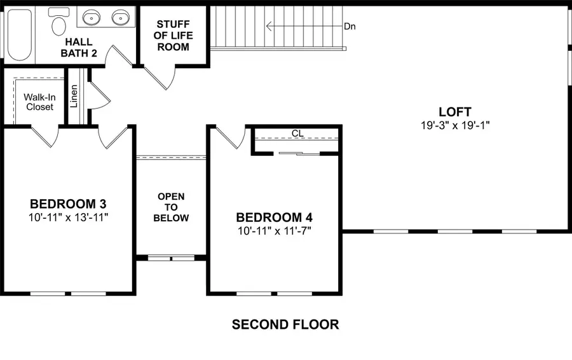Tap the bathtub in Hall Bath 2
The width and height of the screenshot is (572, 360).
pyautogui.click(x=20, y=35)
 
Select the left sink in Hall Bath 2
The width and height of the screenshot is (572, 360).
pyautogui.click(x=91, y=17)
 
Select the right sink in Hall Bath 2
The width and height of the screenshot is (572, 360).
pyautogui.click(x=121, y=17)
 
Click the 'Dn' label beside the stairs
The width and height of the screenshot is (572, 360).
pyautogui.click(x=350, y=26)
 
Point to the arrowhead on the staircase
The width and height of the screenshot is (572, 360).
pyautogui.click(x=269, y=26)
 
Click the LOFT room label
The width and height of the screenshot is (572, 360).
pyautogui.click(x=455, y=112)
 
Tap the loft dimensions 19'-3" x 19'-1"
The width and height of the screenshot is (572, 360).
pyautogui.click(x=455, y=125)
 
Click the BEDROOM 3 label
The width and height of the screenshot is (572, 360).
pyautogui.click(x=68, y=204)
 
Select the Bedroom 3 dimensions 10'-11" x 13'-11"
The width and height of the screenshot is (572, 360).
pyautogui.click(x=68, y=218)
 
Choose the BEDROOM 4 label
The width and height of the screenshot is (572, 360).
pyautogui.click(x=275, y=218)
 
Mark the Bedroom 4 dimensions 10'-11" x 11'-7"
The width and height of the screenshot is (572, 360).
pyautogui.click(x=275, y=231)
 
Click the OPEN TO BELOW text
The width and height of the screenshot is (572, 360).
pyautogui.click(x=171, y=207)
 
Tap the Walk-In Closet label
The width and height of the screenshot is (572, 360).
pyautogui.click(x=40, y=102)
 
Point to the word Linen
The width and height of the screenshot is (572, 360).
pyautogui.click(x=74, y=96)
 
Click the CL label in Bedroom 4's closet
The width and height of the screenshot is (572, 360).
pyautogui.click(x=297, y=134)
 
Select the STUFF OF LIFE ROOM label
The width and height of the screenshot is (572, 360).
pyautogui.click(x=174, y=36)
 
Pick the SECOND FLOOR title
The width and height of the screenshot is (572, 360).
pyautogui.click(x=285, y=324)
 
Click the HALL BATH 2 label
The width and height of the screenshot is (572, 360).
pyautogui.click(x=79, y=48)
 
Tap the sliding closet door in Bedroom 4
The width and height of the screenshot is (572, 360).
pyautogui.click(x=299, y=153)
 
